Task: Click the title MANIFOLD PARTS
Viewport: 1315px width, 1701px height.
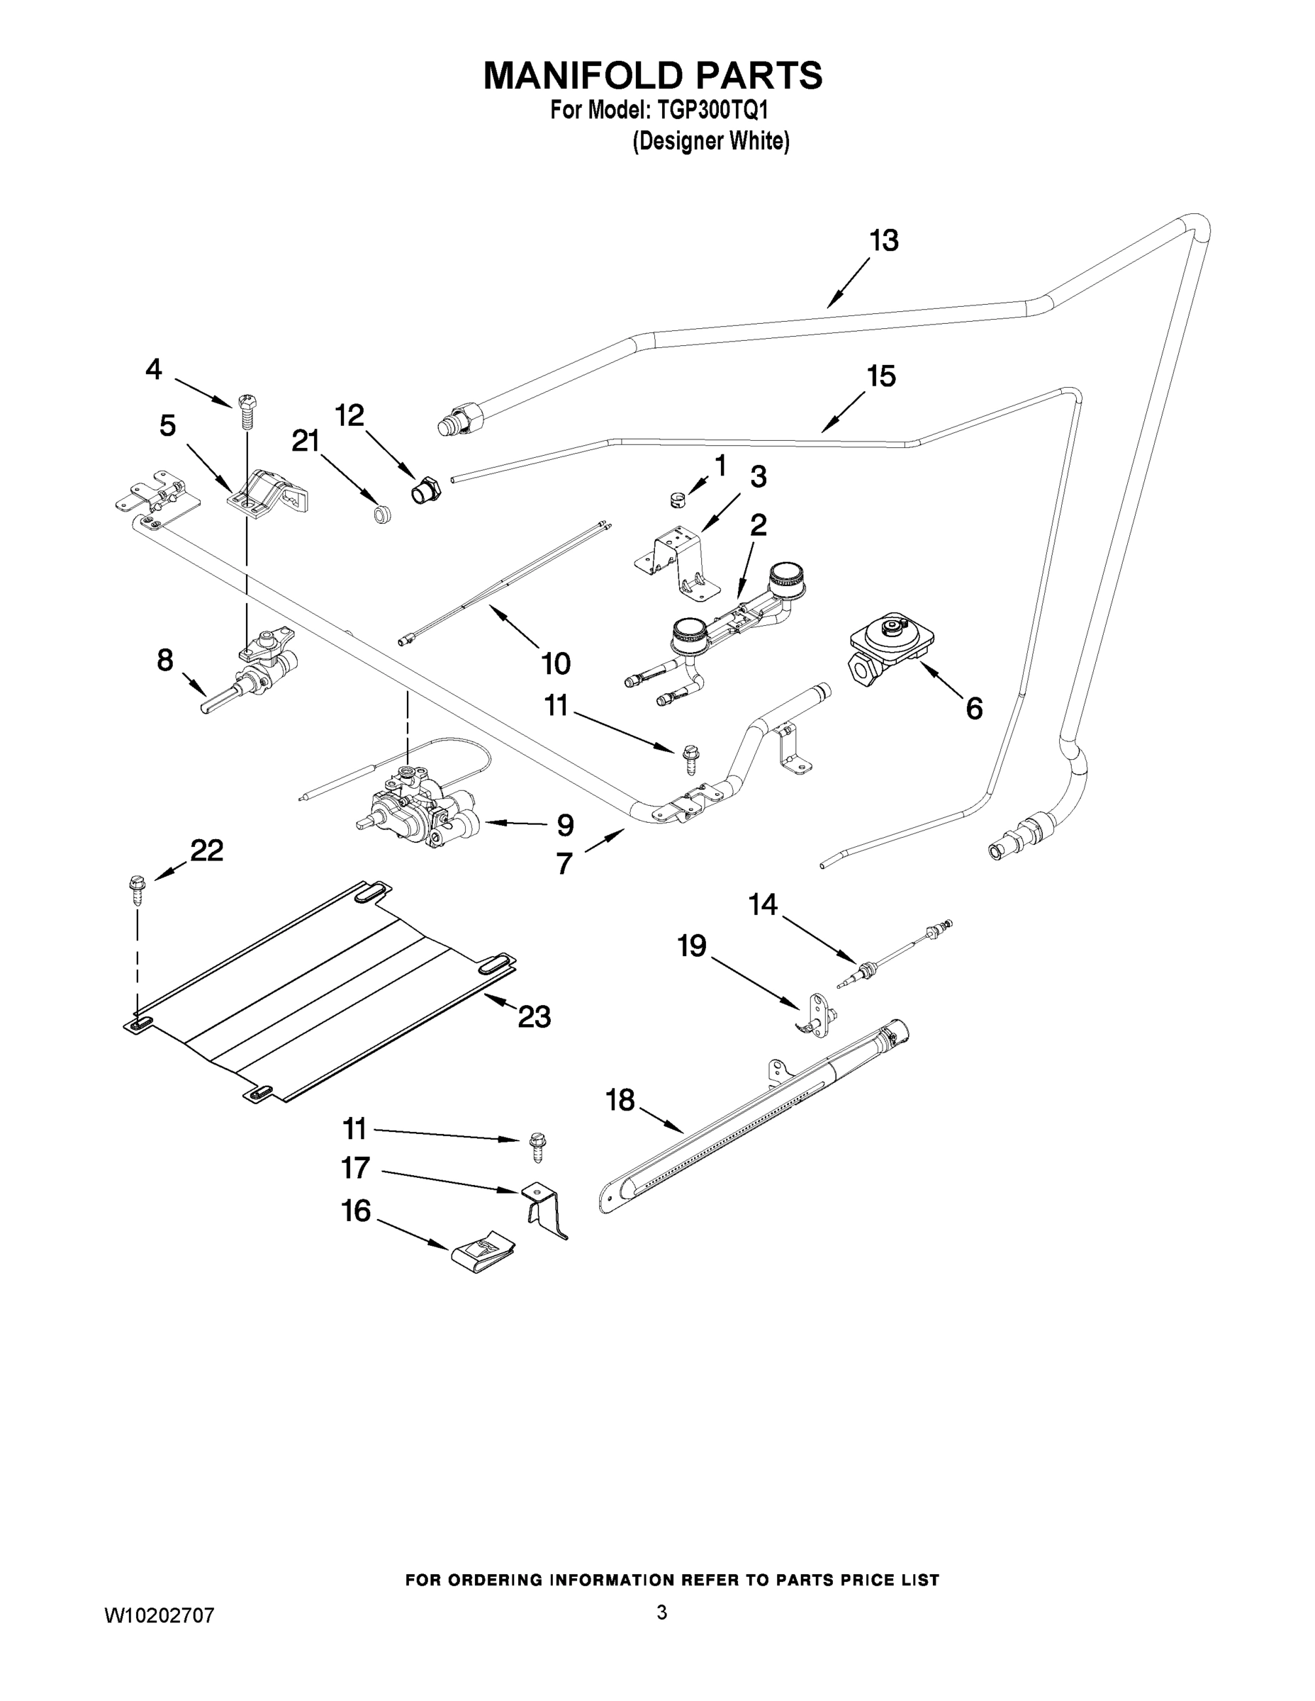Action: [x=652, y=76]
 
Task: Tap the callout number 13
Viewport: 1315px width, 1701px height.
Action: [x=883, y=241]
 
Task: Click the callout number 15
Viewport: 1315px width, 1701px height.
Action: [x=881, y=376]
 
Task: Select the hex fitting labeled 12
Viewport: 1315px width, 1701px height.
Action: [x=425, y=491]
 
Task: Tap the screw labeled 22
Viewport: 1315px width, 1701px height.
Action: [x=138, y=889]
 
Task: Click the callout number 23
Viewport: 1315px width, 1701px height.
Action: [x=535, y=1016]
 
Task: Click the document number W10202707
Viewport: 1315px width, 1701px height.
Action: [x=160, y=1615]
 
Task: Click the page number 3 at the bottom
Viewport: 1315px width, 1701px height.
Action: [x=661, y=1612]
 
